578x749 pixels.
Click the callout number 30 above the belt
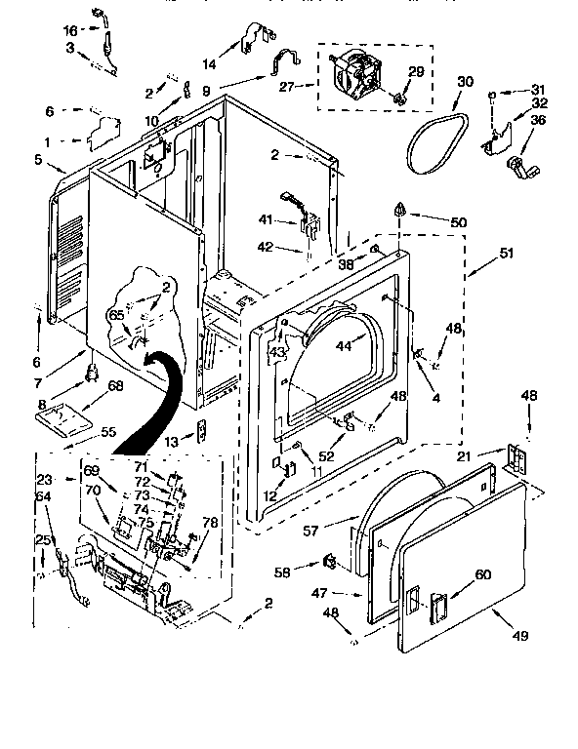click(465, 81)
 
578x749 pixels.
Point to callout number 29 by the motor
click(415, 73)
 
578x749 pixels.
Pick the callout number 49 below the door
click(518, 635)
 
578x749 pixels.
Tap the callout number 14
click(208, 63)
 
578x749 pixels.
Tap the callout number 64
click(43, 497)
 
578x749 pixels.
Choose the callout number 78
click(209, 523)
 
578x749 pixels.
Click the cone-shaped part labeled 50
click(400, 208)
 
